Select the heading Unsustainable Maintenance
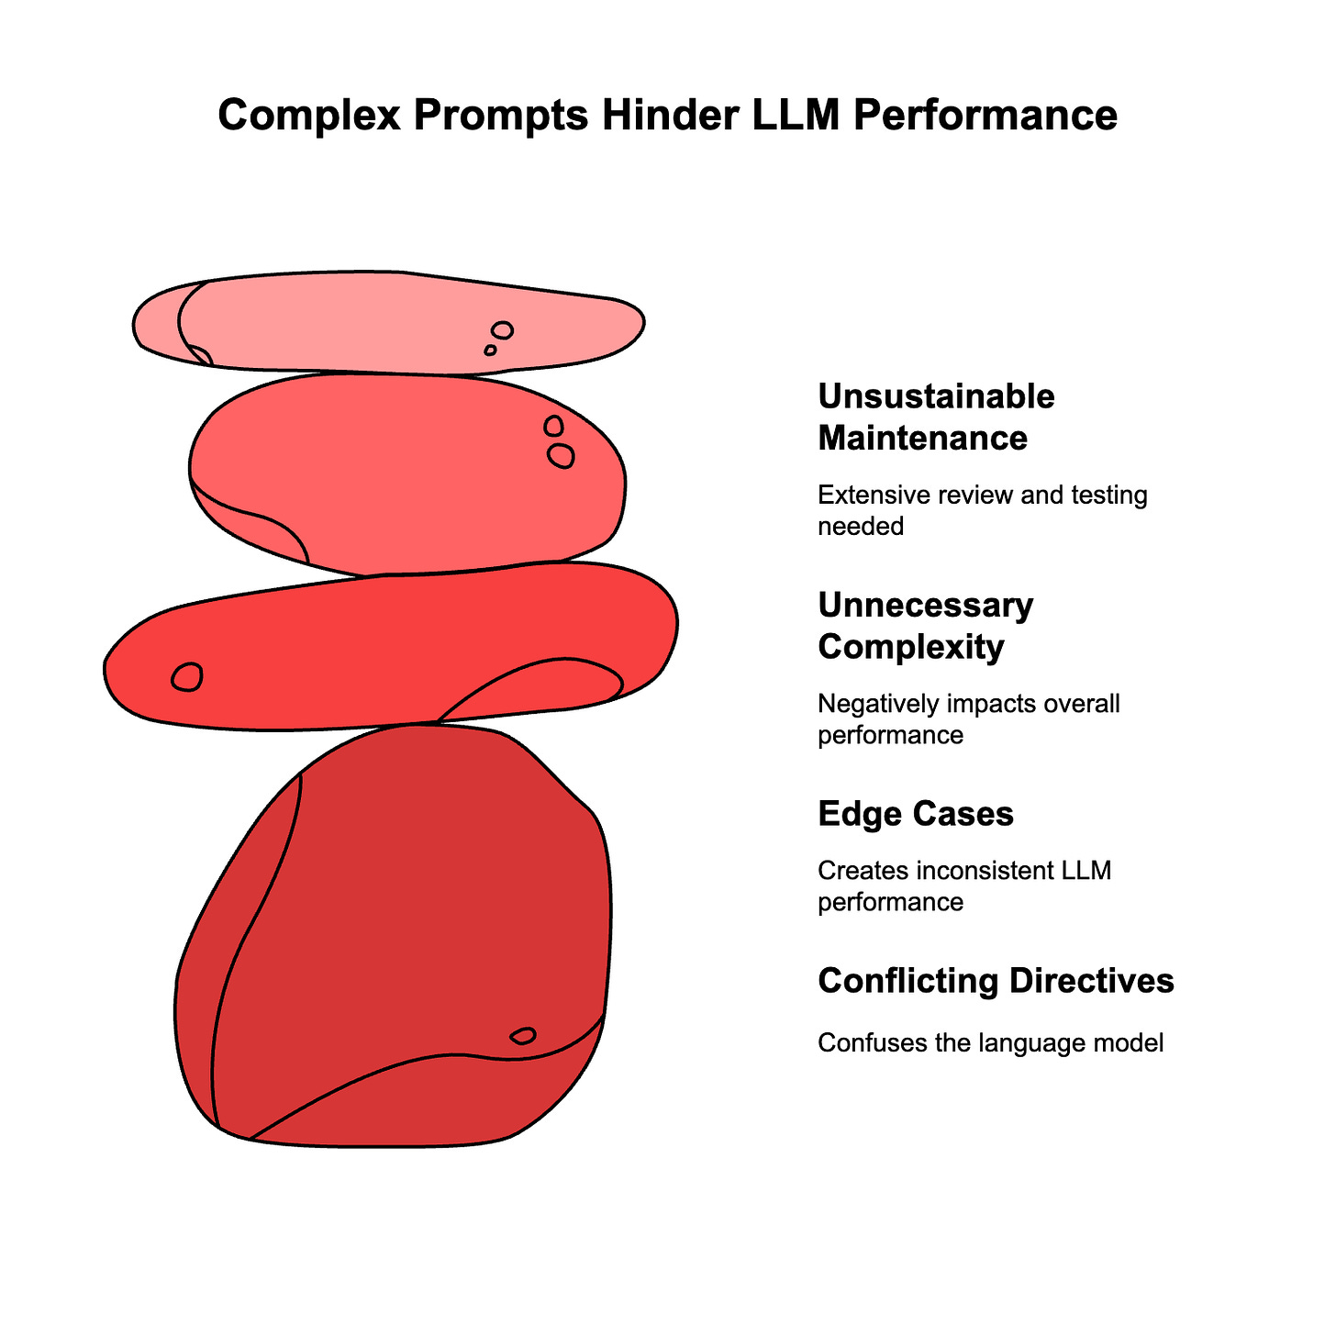[x=936, y=417]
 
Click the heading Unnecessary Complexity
[x=925, y=626]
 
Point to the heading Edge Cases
[x=915, y=814]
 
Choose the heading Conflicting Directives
[x=996, y=981]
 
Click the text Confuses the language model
[x=990, y=1043]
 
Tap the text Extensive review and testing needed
[x=982, y=510]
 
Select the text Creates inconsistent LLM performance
[x=963, y=885]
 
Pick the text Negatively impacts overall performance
[x=968, y=719]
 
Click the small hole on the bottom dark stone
[x=523, y=1036]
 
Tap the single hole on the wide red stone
[x=187, y=677]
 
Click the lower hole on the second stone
[x=561, y=456]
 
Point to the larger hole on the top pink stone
[x=502, y=330]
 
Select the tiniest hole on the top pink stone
[x=490, y=351]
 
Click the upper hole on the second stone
[x=553, y=426]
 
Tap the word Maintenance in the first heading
[x=922, y=438]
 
